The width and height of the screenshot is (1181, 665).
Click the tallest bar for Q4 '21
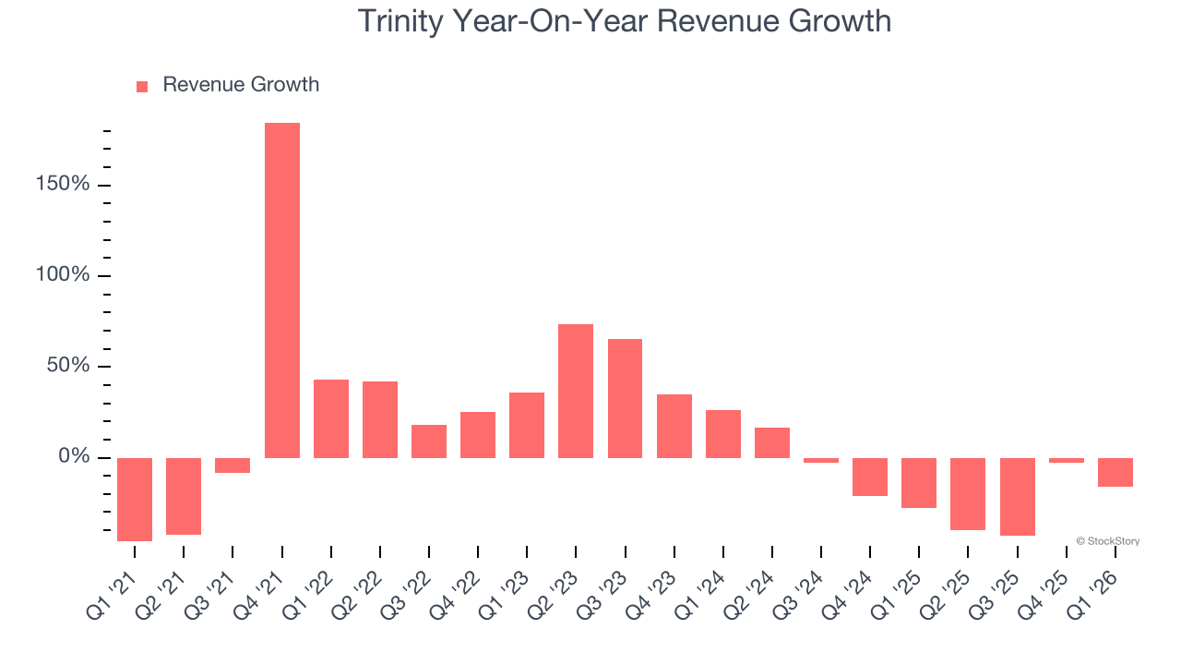(281, 290)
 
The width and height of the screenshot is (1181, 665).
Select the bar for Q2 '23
(576, 391)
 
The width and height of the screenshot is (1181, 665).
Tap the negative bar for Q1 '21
(135, 499)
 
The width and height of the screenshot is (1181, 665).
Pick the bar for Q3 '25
(1017, 496)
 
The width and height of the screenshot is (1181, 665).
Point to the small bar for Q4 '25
(1067, 460)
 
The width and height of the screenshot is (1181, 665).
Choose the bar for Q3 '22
(429, 441)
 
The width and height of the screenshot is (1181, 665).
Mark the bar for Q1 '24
(723, 434)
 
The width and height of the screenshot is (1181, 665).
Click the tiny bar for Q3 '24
(821, 460)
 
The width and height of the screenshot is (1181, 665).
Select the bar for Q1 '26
(1115, 472)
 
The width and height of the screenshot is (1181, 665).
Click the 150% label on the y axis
(64, 185)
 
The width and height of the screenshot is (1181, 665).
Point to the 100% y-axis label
(64, 275)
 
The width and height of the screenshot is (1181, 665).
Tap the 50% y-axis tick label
(68, 366)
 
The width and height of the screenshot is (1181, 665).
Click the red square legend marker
(142, 87)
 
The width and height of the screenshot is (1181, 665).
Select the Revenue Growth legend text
(241, 85)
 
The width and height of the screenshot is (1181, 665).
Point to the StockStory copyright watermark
(1107, 541)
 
